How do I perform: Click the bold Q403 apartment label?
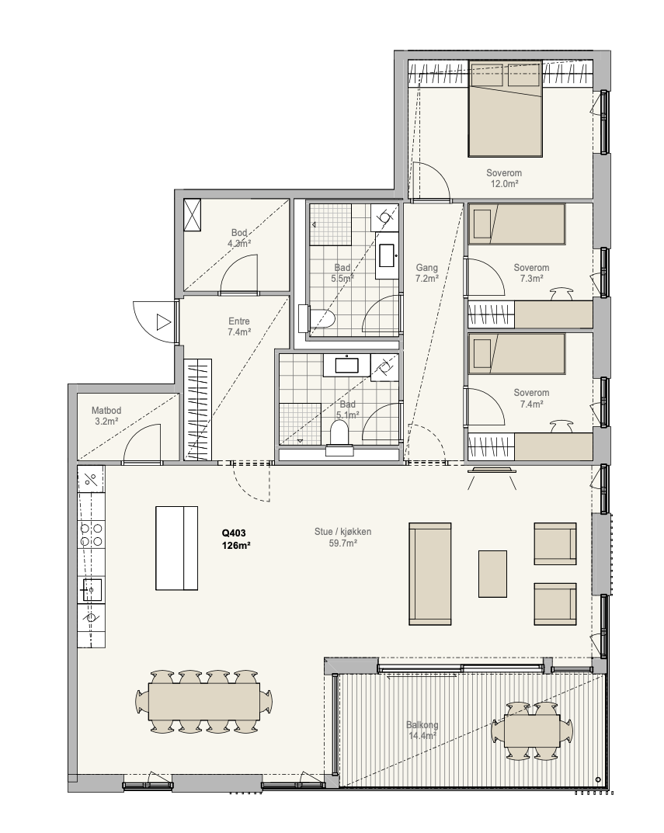234,533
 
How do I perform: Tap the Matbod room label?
106,411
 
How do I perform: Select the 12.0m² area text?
504,184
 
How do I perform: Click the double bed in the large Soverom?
505,109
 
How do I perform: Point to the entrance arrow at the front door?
164,322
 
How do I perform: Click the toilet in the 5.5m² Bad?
317,319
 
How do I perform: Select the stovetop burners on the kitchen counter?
91,534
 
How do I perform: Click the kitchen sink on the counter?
91,590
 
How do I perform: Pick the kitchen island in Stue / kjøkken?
176,548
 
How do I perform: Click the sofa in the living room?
430,574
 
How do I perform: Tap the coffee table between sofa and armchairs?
492,574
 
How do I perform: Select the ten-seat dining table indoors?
204,700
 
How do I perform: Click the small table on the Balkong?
532,731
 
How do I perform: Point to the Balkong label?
422,724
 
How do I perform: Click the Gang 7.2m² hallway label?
427,273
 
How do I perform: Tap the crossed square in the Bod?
192,215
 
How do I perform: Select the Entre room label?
239,321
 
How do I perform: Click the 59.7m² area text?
343,543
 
